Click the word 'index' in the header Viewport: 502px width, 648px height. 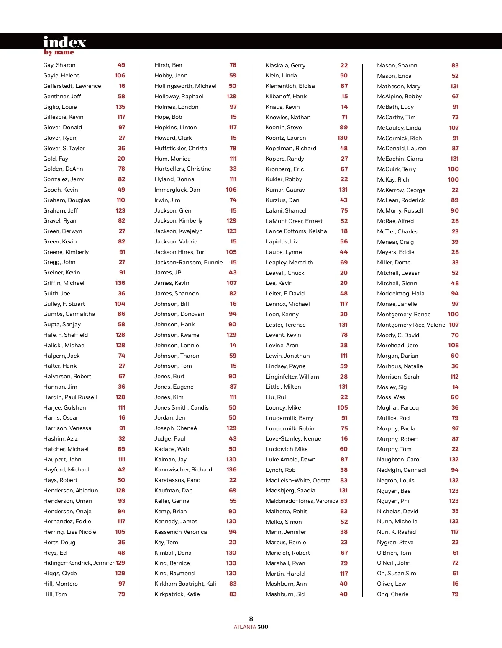coord(64,42)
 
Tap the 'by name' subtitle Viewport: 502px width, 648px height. coord(59,52)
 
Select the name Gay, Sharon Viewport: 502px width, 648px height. coord(59,65)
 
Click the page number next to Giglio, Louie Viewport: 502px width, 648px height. coord(120,107)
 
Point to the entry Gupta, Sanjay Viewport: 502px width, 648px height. coord(62,324)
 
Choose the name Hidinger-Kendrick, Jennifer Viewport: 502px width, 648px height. coord(78,563)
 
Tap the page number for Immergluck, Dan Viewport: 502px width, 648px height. coord(231,190)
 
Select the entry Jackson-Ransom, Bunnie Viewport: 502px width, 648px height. coord(188,262)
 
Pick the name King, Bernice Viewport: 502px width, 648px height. coord(172,563)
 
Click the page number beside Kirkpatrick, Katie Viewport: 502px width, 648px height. coord(233,594)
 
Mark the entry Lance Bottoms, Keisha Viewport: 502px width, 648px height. coord(296,231)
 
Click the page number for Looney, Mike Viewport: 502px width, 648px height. coord(343,407)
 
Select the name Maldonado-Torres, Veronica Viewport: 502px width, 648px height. coord(302,501)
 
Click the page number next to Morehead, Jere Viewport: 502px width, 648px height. coord(453,345)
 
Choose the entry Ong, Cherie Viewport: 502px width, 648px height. coord(392,594)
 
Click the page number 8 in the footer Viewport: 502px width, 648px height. coord(251,619)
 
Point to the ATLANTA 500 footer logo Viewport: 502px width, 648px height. coord(251,627)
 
